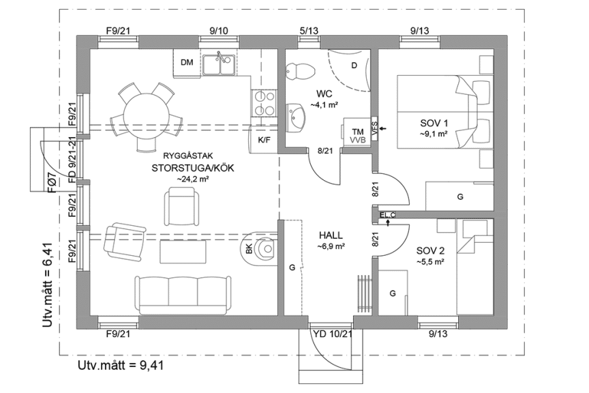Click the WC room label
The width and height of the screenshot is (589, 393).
click(x=323, y=93)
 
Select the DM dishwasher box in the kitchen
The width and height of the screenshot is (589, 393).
click(x=187, y=63)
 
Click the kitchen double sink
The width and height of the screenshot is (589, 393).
click(x=220, y=64)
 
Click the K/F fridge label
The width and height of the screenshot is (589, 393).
click(x=265, y=140)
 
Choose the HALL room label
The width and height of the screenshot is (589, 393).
click(x=330, y=234)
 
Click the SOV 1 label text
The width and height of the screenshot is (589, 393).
click(x=434, y=123)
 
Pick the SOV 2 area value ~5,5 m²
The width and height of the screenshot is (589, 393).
click(x=431, y=261)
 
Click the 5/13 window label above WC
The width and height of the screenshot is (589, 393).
click(x=309, y=31)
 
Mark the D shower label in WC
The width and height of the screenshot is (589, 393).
click(x=354, y=65)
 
